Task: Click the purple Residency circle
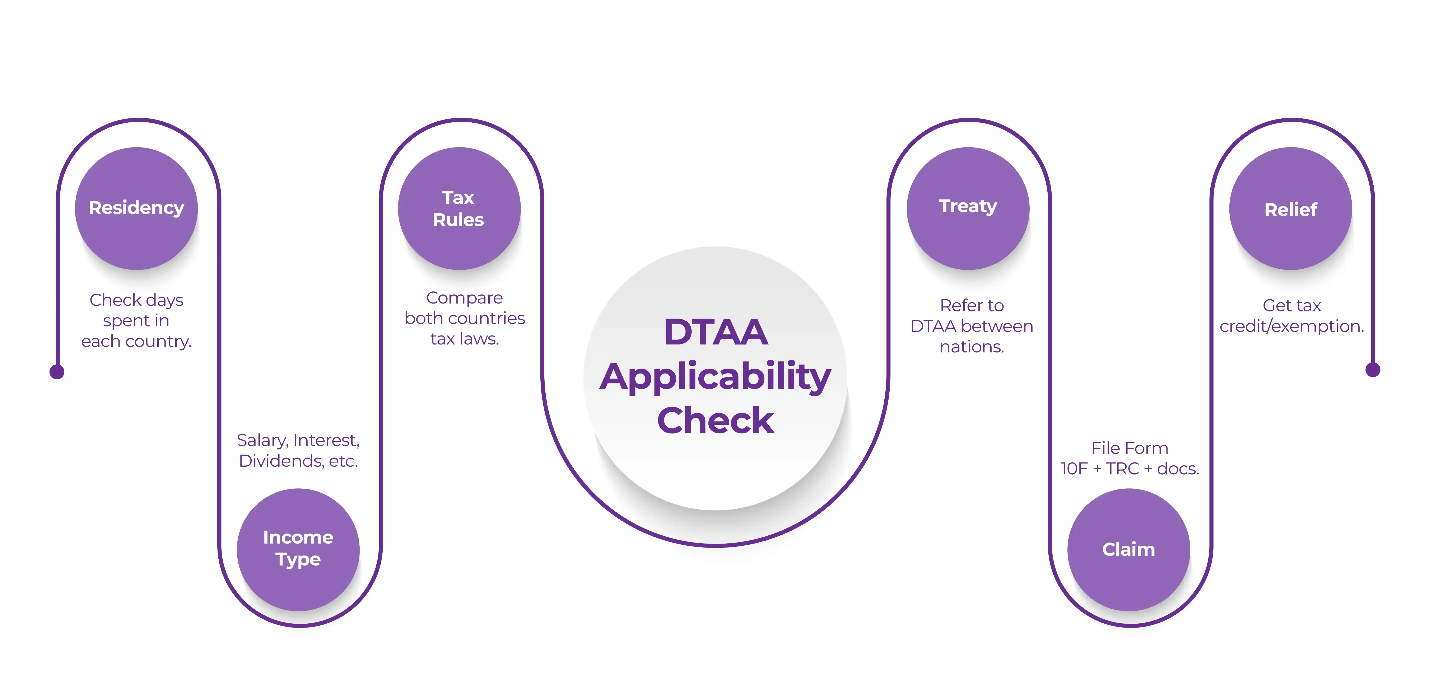(136, 208)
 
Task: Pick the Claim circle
(1128, 549)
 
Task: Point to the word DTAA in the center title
(716, 332)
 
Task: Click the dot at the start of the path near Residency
(57, 372)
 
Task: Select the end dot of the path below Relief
(1373, 370)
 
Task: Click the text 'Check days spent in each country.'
(136, 320)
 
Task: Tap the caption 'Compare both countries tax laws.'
(464, 318)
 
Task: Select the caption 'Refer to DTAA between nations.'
(971, 326)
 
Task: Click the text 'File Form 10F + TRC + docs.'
(1130, 458)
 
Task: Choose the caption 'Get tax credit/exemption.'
(1291, 315)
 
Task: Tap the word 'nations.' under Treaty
(971, 347)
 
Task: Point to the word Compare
(464, 298)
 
